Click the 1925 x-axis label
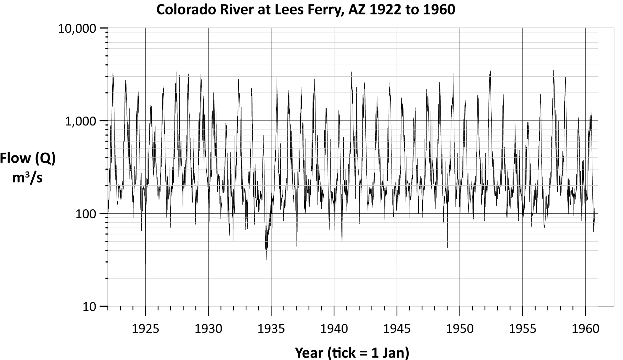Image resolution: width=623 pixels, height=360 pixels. (146, 329)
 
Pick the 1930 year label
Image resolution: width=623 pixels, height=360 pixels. (208, 329)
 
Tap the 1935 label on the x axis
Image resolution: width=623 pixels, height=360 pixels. (271, 329)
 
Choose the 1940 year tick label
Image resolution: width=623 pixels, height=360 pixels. (334, 329)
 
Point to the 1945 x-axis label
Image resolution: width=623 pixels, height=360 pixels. (397, 329)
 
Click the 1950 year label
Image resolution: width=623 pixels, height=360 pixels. (460, 329)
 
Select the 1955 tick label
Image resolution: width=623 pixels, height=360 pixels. (523, 329)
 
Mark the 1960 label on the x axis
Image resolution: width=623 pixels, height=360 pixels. (586, 329)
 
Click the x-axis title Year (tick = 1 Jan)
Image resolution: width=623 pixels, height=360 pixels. (352, 352)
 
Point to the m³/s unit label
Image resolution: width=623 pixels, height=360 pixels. (28, 178)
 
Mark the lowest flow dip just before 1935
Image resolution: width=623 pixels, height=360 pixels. (266, 260)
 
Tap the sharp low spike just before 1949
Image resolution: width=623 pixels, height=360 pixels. (447, 247)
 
